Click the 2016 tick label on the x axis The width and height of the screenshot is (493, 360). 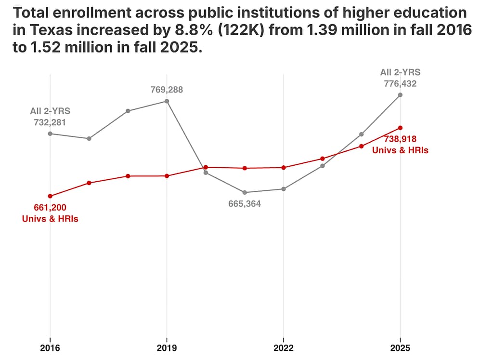(x=50, y=347)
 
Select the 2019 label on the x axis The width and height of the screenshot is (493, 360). (x=167, y=347)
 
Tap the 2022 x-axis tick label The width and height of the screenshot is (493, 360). (x=283, y=347)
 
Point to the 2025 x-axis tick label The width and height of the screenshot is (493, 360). (x=400, y=347)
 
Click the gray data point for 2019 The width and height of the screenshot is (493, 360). (x=167, y=101)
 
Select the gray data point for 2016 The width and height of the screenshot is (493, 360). (x=50, y=133)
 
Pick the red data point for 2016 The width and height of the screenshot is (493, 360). (x=50, y=196)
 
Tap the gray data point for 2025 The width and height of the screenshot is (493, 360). (x=400, y=95)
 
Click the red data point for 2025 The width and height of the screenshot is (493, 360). (x=400, y=128)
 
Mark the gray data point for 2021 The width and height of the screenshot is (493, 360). (x=245, y=192)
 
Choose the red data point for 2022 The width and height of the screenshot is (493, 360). (x=284, y=168)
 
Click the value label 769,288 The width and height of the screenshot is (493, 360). (x=167, y=90)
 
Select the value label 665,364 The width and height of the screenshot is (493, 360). (x=245, y=204)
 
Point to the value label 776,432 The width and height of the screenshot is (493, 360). (x=400, y=84)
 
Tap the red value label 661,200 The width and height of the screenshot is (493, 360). (x=50, y=208)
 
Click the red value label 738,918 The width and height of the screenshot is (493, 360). (x=400, y=139)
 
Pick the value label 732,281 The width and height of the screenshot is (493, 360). (x=50, y=122)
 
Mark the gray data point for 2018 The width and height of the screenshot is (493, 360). (x=128, y=111)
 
